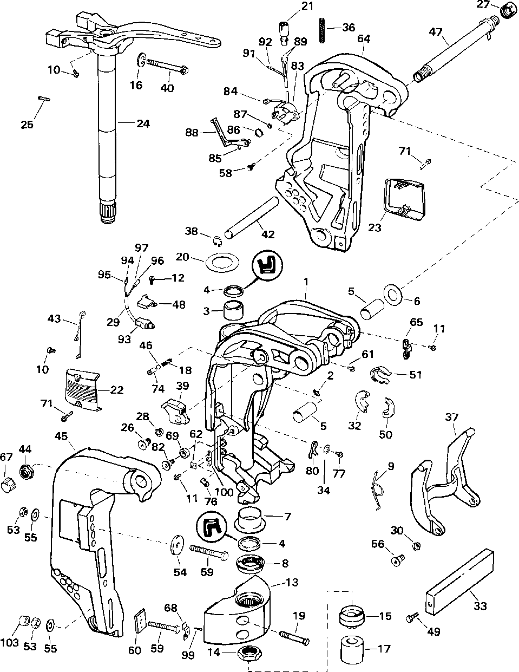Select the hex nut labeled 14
coord(250,654)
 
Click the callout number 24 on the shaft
coord(143,123)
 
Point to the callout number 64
coord(364,38)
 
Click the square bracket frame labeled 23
coord(404,200)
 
